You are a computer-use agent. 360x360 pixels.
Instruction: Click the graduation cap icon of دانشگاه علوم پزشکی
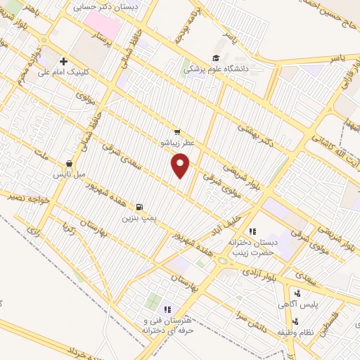215,58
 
